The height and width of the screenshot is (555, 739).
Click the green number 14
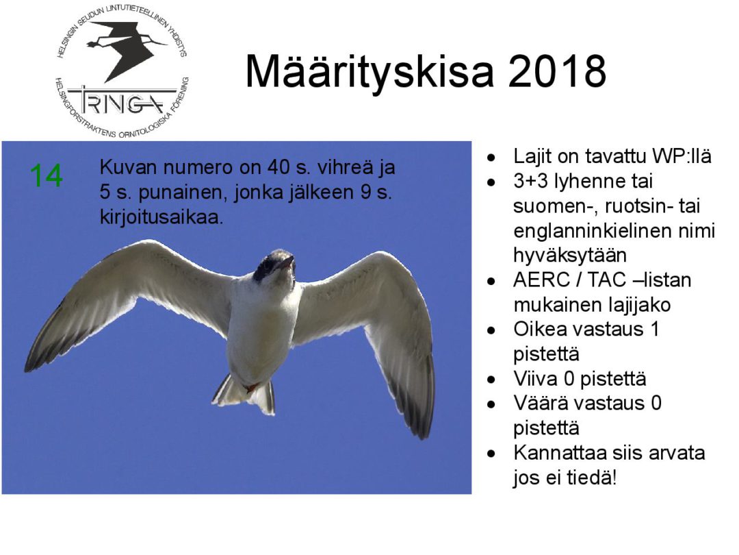47,175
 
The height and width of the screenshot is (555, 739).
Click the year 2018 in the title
556,71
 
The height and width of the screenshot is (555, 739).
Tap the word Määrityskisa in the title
369,73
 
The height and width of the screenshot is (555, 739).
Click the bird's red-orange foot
250,388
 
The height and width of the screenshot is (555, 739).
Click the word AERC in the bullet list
540,280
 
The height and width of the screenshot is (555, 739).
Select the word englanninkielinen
614,232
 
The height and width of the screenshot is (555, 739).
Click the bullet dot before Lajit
491,158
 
